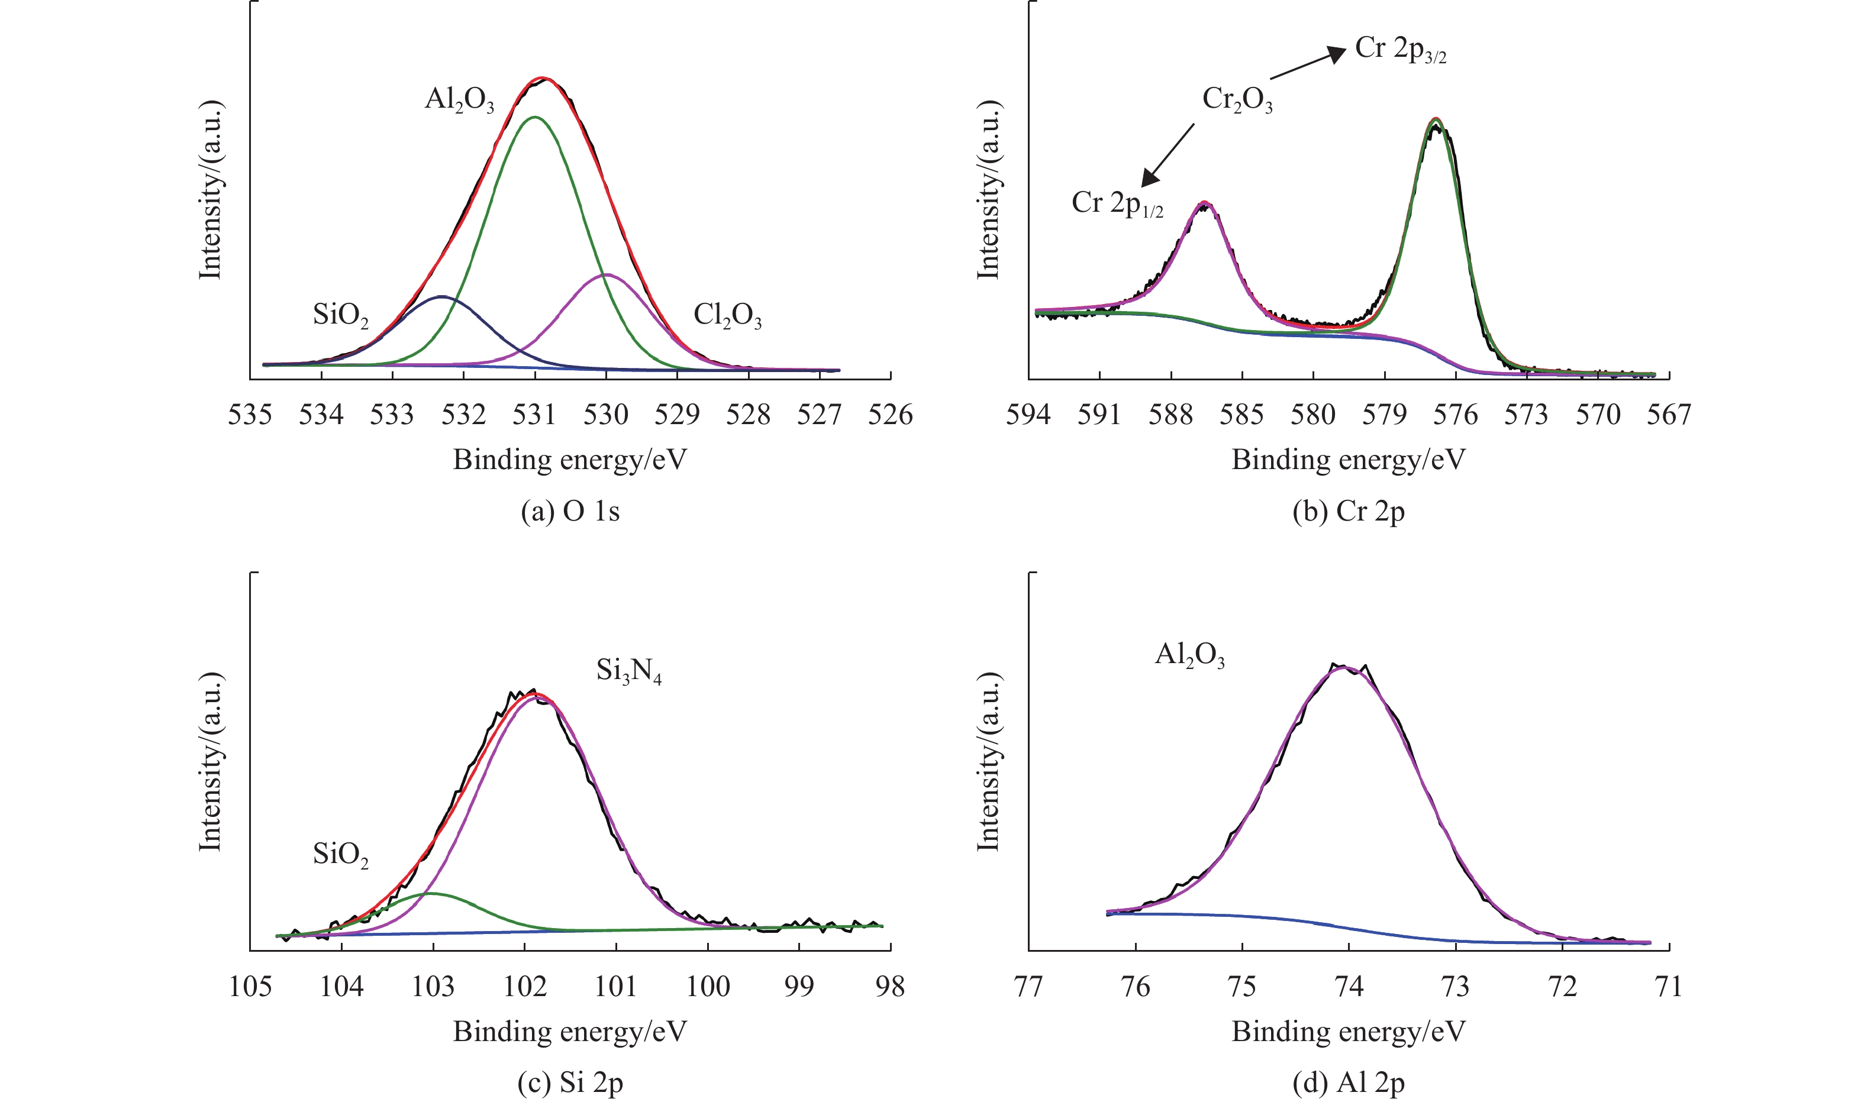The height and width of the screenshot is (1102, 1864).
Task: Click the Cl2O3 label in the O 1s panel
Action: [x=727, y=316]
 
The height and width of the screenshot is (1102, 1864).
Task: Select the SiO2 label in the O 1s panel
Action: [x=340, y=316]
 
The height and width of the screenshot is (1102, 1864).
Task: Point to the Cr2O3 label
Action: [x=1237, y=99]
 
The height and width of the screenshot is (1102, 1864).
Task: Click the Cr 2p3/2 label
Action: [x=1400, y=49]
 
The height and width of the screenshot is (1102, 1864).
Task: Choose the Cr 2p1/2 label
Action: [x=1117, y=203]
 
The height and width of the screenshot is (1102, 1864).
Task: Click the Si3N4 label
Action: [x=628, y=671]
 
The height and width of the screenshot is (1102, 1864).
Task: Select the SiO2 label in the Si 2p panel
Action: [x=340, y=855]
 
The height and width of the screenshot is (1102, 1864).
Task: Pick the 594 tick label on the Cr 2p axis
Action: [x=1028, y=415]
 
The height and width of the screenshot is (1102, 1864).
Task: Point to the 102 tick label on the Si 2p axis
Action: [x=524, y=986]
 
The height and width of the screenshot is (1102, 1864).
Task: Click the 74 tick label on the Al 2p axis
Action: [x=1349, y=986]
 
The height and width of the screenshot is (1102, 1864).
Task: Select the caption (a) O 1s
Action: [x=570, y=512]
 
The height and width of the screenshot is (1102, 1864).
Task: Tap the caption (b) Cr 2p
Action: [x=1348, y=512]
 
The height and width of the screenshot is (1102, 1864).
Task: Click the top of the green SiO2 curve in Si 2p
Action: [x=431, y=893]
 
